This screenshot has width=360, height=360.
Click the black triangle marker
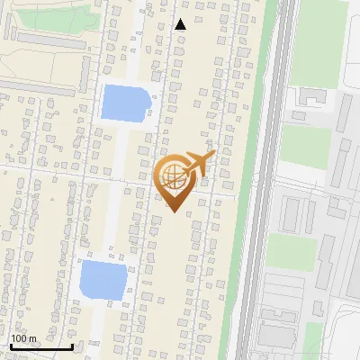tap(180, 24)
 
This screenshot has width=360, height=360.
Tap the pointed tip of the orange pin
tap(174, 212)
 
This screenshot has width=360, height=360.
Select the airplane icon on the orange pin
tap(198, 164)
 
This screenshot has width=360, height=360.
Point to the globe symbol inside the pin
tap(174, 177)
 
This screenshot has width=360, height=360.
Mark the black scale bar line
tap(40, 346)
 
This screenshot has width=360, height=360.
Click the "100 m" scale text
tap(23, 338)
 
